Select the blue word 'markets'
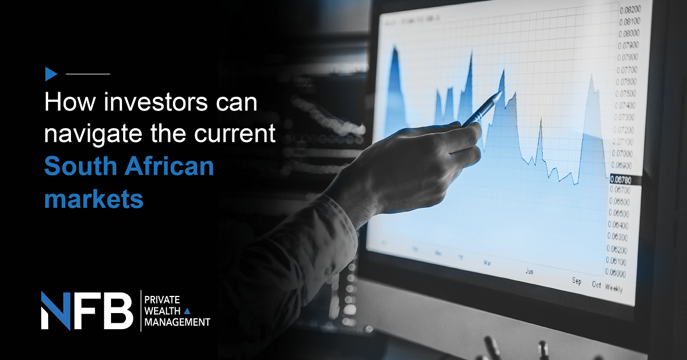[x=93, y=199]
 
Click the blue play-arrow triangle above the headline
[x=51, y=74]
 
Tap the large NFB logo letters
[x=86, y=310]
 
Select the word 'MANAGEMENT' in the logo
[x=177, y=322]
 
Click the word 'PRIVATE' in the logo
[x=163, y=300]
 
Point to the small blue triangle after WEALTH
[x=187, y=311]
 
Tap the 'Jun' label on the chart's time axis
[x=530, y=271]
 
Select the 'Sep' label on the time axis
[x=577, y=281]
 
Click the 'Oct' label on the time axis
[x=597, y=284]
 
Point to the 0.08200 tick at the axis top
[x=629, y=10]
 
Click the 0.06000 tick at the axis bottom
[x=617, y=274]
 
